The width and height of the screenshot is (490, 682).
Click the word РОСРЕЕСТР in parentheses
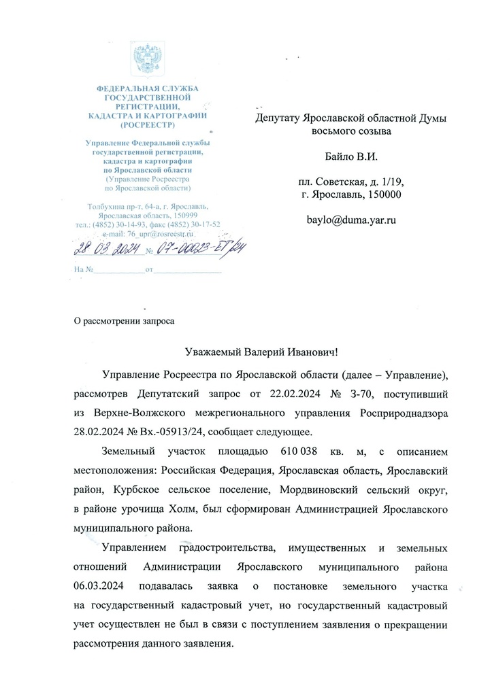[x=146, y=126]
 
